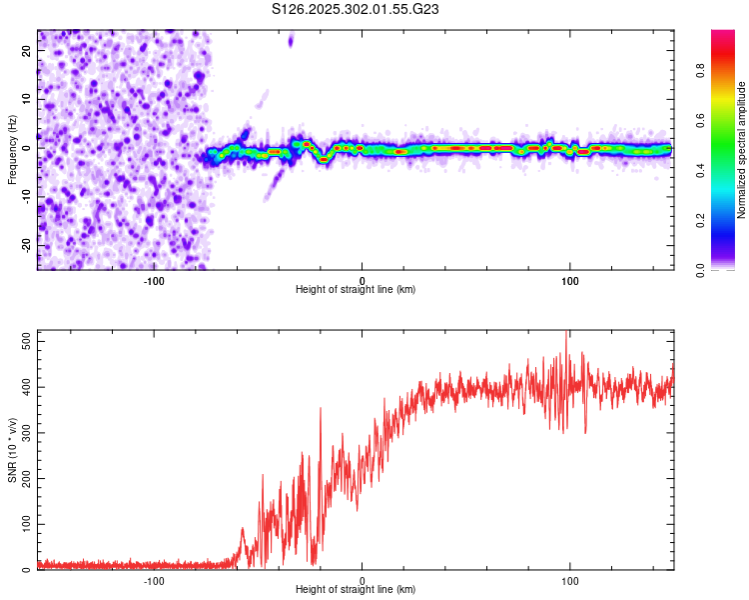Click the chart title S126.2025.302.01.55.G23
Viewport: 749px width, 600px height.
click(357, 9)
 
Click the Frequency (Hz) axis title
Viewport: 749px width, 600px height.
click(13, 150)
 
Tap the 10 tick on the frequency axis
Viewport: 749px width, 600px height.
click(26, 99)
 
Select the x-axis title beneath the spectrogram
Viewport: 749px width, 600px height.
click(356, 290)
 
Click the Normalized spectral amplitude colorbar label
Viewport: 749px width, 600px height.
click(742, 150)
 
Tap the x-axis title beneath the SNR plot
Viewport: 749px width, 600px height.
click(356, 590)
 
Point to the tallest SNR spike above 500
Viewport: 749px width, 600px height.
click(567, 332)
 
